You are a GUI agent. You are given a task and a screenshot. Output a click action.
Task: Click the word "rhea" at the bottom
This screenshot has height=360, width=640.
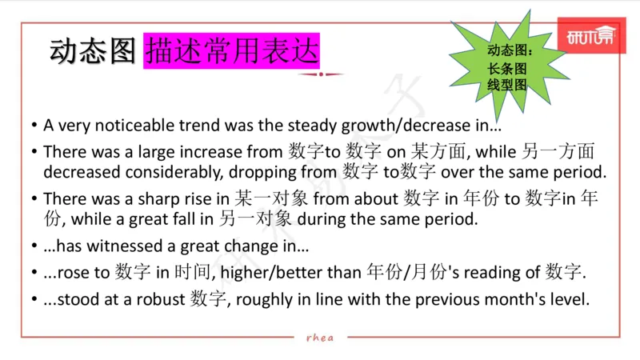320,338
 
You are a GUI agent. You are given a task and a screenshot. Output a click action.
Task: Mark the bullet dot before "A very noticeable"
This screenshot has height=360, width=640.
34,127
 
